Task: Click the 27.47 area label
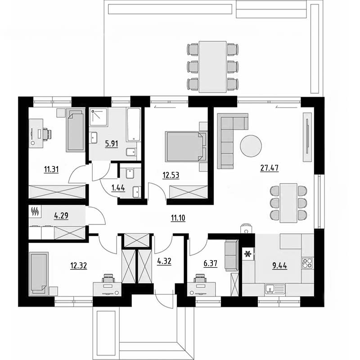(269, 168)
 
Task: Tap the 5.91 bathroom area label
(112, 144)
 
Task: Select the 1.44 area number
(118, 188)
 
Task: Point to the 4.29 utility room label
(61, 216)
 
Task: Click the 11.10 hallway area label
(178, 218)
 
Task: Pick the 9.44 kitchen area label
(279, 265)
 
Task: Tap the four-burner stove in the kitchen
(307, 263)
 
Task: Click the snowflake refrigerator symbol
(248, 254)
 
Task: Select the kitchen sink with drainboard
(275, 289)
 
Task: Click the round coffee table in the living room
(251, 146)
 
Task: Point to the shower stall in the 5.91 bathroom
(99, 117)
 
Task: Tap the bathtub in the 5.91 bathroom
(134, 125)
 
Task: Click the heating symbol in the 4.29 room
(35, 211)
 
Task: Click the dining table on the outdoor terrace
(212, 67)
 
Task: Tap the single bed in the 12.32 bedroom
(39, 274)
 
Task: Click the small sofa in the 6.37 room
(231, 255)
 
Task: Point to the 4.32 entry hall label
(164, 261)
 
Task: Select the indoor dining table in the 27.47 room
(288, 203)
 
